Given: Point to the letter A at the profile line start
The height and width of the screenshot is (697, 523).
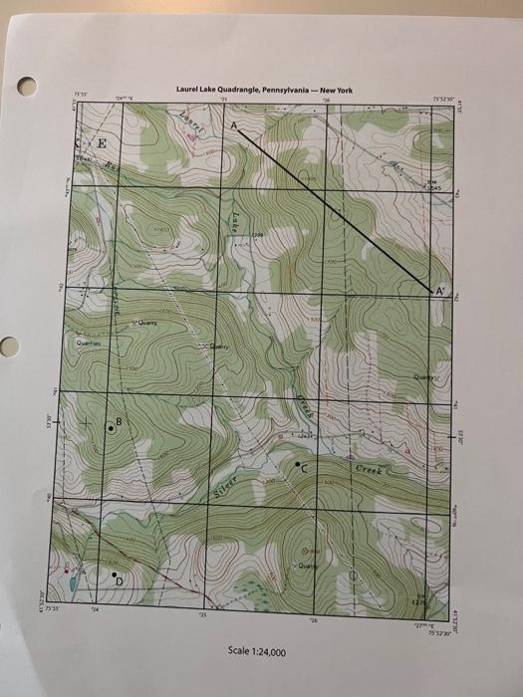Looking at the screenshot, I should tap(234, 128).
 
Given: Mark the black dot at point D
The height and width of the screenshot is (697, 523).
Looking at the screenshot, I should tap(116, 575).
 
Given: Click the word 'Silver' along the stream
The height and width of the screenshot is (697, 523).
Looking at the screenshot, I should tap(224, 486).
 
